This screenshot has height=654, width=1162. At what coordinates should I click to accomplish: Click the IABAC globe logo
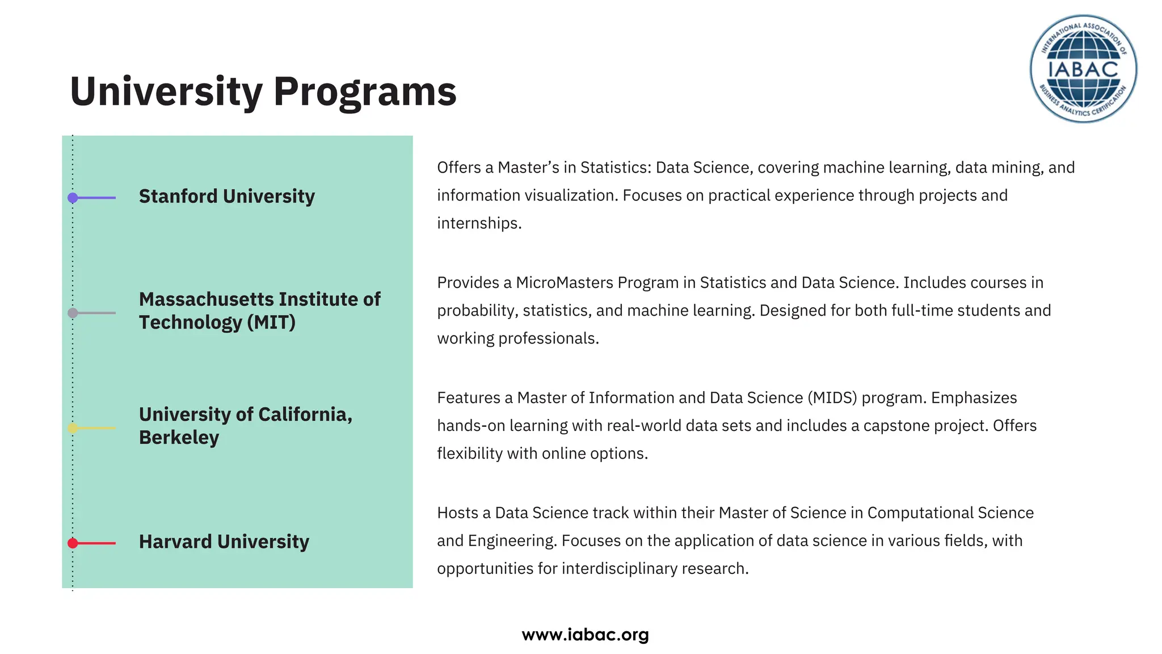point(1083,69)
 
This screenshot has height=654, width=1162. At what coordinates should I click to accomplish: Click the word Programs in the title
point(365,91)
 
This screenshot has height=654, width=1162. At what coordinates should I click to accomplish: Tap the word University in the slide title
point(166,91)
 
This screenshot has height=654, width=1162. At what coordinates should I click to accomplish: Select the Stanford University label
point(226,196)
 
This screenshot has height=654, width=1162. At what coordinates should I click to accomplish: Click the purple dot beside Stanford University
point(73,198)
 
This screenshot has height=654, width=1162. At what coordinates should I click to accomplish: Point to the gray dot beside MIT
point(73,313)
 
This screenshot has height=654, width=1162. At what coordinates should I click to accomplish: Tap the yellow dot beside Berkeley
point(73,428)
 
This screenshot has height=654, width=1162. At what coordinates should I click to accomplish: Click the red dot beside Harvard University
point(73,543)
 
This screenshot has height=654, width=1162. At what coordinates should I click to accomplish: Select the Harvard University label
point(224,542)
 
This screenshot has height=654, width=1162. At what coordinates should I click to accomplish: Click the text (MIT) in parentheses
point(271,322)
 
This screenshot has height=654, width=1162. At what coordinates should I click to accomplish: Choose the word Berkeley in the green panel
point(179,438)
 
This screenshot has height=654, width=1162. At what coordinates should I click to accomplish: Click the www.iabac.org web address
point(585,635)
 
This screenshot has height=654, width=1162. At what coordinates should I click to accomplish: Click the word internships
point(479,223)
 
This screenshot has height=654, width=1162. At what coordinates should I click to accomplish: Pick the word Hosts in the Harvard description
point(457,513)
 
